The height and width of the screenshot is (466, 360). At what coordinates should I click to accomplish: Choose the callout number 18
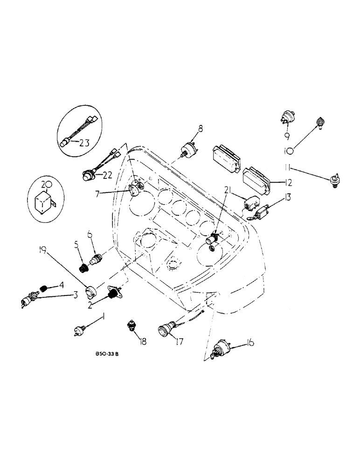(x=142, y=342)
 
